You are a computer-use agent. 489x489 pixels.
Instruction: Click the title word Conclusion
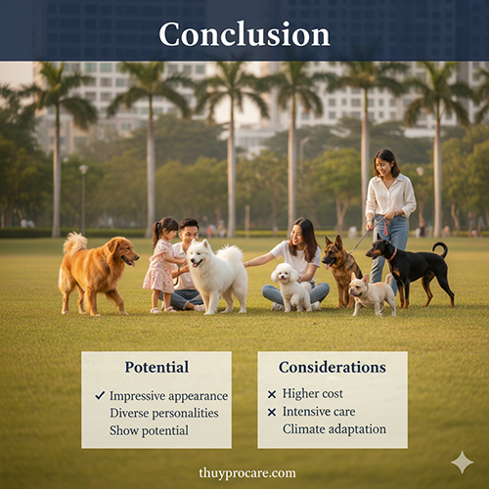click(244, 33)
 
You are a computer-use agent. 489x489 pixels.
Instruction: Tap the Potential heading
click(156, 368)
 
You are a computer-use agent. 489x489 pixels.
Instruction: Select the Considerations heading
click(332, 368)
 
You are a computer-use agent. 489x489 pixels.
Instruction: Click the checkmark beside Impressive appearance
click(100, 395)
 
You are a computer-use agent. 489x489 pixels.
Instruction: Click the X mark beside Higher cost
click(272, 395)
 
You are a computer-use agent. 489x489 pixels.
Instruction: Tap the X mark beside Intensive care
click(272, 412)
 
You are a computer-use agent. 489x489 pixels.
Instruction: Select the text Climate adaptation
click(333, 429)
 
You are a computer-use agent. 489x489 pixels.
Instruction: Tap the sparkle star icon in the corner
click(462, 462)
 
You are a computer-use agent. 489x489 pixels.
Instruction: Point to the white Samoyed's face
click(206, 257)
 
